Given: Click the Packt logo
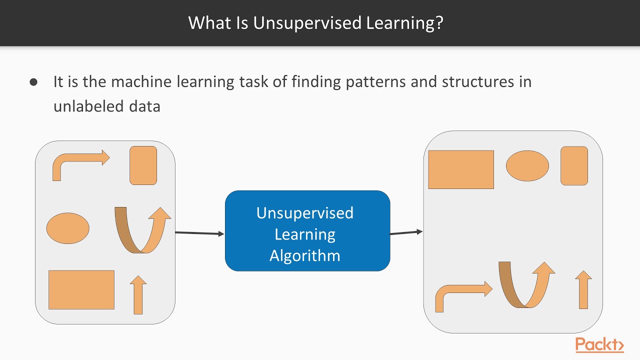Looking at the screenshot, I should click(x=599, y=345).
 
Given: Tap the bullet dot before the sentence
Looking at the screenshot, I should click(x=34, y=82).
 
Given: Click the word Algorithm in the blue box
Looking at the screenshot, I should click(x=305, y=255).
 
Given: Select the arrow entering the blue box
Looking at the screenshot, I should click(x=199, y=233).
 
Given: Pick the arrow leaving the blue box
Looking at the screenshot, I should click(x=406, y=232).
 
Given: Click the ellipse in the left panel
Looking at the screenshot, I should click(x=68, y=228).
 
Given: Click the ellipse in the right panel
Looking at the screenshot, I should click(x=527, y=166).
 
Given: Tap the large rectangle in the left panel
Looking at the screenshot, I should click(x=81, y=289).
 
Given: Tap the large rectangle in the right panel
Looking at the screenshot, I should click(x=461, y=169).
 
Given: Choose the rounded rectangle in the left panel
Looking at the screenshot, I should click(x=143, y=165).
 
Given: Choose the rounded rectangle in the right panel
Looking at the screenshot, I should click(x=574, y=166).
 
